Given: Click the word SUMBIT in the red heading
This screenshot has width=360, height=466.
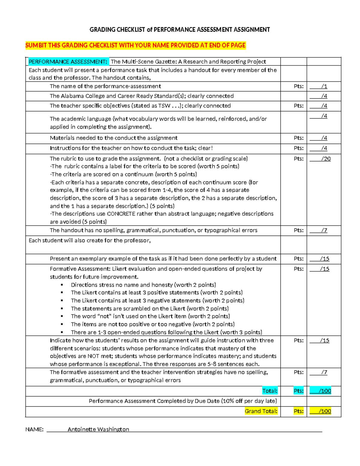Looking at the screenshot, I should pyautogui.click(x=36, y=45).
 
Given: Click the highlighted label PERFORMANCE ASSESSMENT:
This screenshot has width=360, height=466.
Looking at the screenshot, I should pyautogui.click(x=68, y=62).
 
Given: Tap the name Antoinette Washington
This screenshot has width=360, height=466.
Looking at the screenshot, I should pyautogui.click(x=98, y=429).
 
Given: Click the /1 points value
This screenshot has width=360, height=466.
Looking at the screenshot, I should pyautogui.click(x=324, y=86).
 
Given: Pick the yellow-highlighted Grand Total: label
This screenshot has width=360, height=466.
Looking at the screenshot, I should pyautogui.click(x=261, y=411).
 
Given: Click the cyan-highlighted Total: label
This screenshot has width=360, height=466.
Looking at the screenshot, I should pyautogui.click(x=270, y=391).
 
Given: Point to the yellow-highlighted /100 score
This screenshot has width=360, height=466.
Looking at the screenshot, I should pyautogui.click(x=324, y=411).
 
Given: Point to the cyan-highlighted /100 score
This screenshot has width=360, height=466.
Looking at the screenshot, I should pyautogui.click(x=324, y=391).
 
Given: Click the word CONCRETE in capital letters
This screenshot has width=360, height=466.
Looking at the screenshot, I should pyautogui.click(x=121, y=214).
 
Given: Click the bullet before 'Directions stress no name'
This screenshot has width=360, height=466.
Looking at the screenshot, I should pyautogui.click(x=62, y=285).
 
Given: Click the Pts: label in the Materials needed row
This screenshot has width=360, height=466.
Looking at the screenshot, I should pyautogui.click(x=298, y=138).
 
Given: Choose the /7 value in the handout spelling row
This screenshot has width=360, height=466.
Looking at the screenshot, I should pyautogui.click(x=324, y=230).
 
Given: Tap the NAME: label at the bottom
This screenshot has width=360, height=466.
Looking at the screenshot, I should pyautogui.click(x=34, y=429).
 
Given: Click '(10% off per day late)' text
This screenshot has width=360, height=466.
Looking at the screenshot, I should pyautogui.click(x=249, y=401).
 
